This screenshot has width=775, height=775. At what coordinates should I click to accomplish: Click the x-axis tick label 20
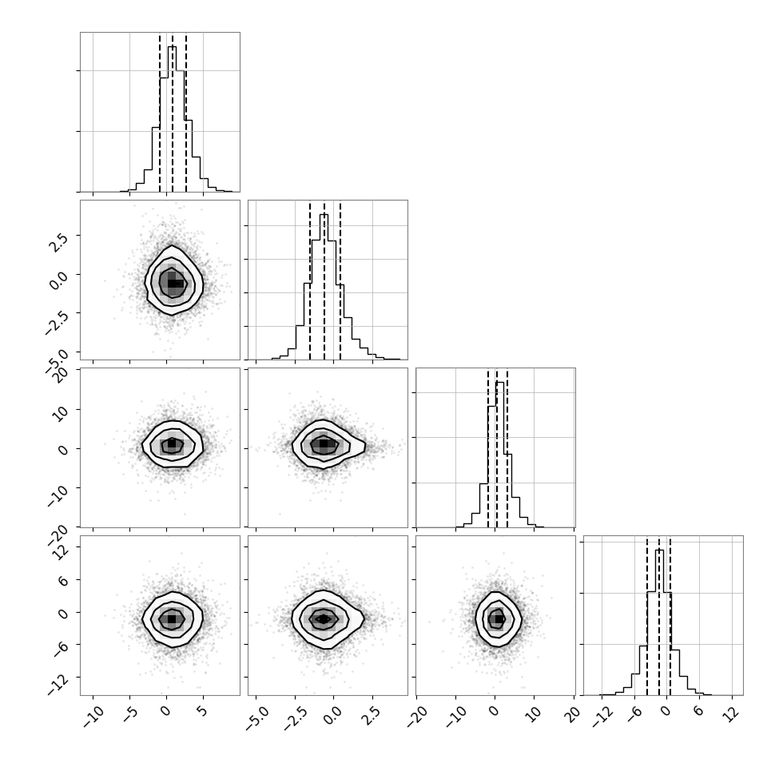coord(574,715)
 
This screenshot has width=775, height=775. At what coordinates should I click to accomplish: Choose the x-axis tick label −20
coord(418,717)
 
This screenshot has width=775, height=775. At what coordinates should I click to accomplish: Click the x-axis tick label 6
coord(698,712)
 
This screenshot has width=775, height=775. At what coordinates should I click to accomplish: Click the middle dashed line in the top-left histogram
coord(173,113)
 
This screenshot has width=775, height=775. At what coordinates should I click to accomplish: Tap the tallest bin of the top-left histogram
coord(172,119)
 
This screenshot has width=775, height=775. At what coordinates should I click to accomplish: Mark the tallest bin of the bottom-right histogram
coord(659,622)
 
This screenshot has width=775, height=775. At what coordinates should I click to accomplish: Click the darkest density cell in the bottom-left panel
coord(172,618)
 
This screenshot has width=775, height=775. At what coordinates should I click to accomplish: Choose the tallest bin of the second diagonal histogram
coord(324,287)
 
